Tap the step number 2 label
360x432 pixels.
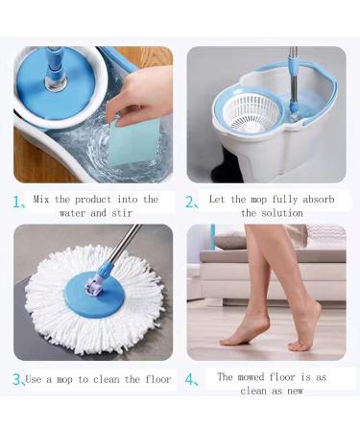tap(191, 203)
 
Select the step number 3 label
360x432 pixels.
tap(18, 379)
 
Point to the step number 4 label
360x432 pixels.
tap(191, 379)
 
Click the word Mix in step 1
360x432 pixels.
tap(42, 199)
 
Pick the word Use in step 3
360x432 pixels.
tap(35, 379)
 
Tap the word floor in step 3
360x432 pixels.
tap(156, 379)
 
